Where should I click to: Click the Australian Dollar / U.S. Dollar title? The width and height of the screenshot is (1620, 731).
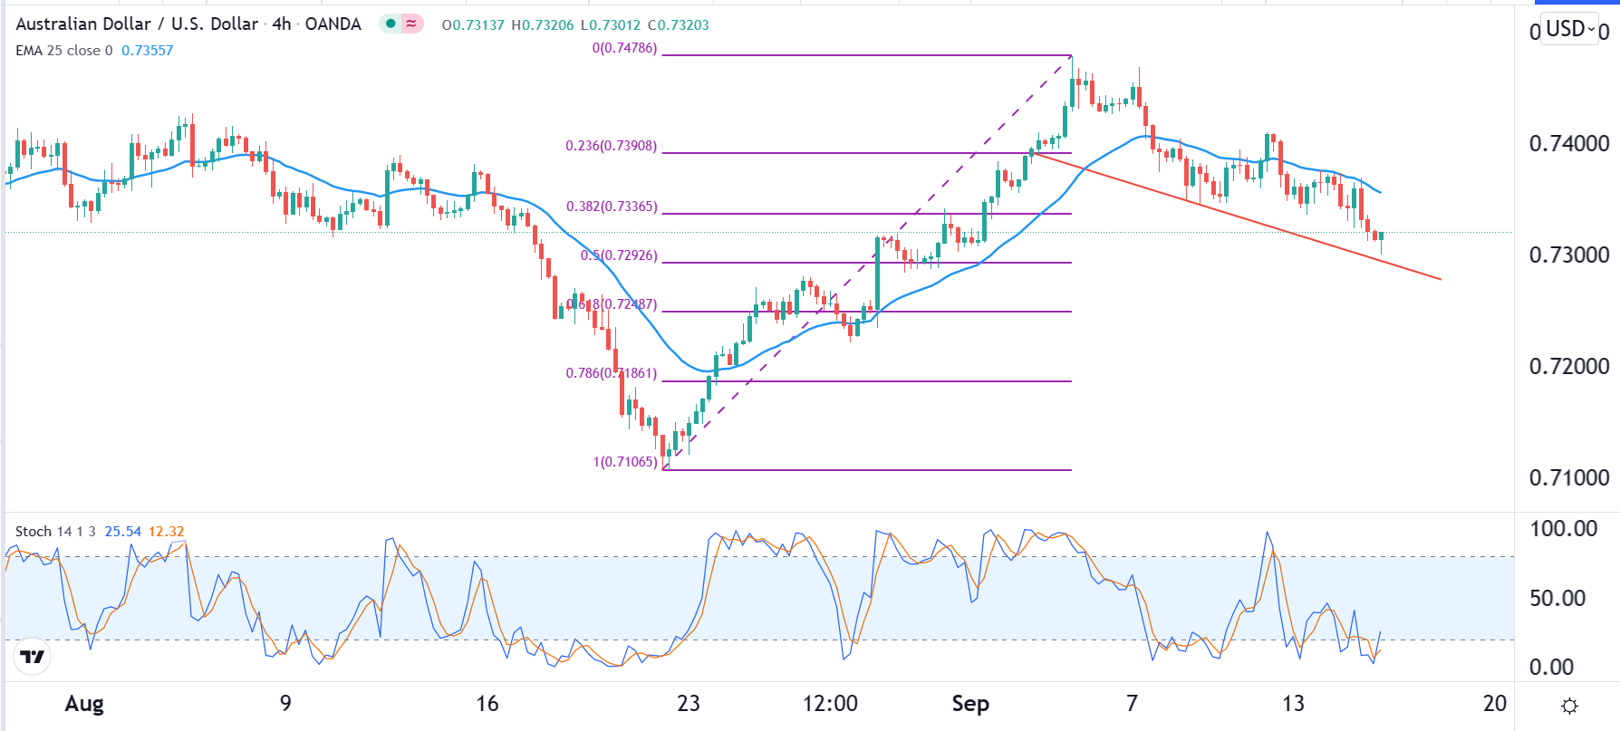(137, 24)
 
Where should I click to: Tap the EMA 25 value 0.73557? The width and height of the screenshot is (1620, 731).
(147, 51)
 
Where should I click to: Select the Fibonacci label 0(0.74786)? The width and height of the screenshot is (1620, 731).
(624, 48)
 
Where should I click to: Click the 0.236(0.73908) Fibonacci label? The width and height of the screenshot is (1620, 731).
(611, 146)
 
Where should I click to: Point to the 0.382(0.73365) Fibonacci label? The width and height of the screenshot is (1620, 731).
(612, 207)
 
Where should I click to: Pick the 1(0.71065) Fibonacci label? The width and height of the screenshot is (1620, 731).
(625, 462)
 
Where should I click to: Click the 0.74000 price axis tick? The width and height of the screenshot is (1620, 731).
(1568, 144)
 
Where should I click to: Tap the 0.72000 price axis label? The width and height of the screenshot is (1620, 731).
(1568, 367)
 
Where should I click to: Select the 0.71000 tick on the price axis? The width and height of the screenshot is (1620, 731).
(1568, 478)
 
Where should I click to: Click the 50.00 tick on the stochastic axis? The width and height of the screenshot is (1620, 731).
(1557, 599)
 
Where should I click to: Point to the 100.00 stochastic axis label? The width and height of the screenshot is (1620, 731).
(1563, 529)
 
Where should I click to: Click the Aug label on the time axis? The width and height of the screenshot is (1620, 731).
(84, 704)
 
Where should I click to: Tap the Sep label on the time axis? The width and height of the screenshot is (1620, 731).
(969, 704)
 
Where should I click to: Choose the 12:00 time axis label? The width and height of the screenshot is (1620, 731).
(830, 704)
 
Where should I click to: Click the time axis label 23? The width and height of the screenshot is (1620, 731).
(689, 704)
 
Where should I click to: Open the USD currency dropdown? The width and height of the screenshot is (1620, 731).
(1570, 30)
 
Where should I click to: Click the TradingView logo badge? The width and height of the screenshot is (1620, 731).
(33, 657)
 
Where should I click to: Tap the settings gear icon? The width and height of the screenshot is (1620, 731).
(1570, 706)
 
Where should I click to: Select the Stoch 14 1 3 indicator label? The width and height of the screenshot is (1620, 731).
(55, 532)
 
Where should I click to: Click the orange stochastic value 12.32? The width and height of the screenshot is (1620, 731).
(166, 532)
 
